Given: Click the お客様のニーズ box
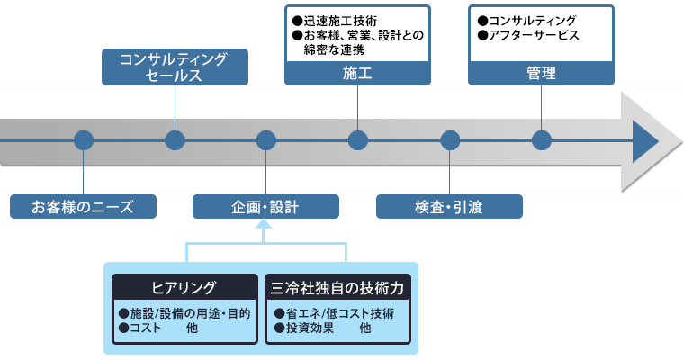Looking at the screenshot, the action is pyautogui.click(x=83, y=206).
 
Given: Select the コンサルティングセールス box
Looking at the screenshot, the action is pyautogui.click(x=175, y=67).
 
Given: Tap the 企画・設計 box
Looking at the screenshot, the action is pyautogui.click(x=265, y=206).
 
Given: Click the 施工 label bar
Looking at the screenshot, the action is pyautogui.click(x=357, y=73).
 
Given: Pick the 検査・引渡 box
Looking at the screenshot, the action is pyautogui.click(x=449, y=206).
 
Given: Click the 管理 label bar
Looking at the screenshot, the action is pyautogui.click(x=542, y=73).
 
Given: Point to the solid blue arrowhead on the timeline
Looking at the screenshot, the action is pyautogui.click(x=645, y=141).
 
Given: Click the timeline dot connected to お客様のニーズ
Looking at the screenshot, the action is pyautogui.click(x=84, y=140).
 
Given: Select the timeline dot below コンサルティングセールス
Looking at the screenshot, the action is pyautogui.click(x=175, y=140).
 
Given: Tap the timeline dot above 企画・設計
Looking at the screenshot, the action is pyautogui.click(x=266, y=140).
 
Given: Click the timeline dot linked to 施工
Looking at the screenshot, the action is pyautogui.click(x=358, y=140).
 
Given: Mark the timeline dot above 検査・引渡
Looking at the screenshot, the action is pyautogui.click(x=450, y=140).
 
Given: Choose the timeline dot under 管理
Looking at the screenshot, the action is pyautogui.click(x=542, y=140).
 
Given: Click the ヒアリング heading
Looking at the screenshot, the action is pyautogui.click(x=184, y=288).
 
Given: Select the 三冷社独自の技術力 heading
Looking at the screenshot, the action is pyautogui.click(x=337, y=288).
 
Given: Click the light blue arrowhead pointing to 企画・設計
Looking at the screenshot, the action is pyautogui.click(x=264, y=224).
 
